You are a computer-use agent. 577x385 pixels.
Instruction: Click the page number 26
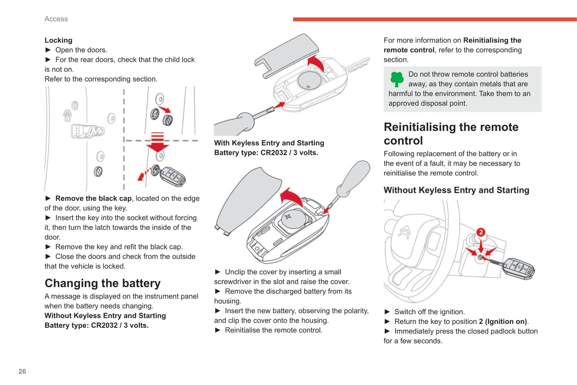click(x=22, y=371)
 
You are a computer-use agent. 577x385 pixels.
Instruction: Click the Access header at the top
click(x=56, y=19)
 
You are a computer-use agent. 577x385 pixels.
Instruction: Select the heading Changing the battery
click(x=103, y=283)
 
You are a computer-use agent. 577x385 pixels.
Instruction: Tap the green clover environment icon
click(x=397, y=79)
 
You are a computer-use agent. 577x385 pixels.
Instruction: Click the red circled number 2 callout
click(x=481, y=232)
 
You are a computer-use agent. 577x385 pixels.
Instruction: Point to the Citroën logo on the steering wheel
click(x=404, y=232)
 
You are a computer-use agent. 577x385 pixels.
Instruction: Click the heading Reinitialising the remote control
click(x=451, y=134)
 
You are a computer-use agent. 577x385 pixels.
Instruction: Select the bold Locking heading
click(x=58, y=40)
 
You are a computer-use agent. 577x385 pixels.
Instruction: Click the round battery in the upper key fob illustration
click(x=309, y=81)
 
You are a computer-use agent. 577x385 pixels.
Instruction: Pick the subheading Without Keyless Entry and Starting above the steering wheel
click(x=456, y=190)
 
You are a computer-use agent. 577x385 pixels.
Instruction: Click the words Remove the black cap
click(x=93, y=198)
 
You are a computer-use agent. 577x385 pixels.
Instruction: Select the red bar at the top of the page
click(x=434, y=19)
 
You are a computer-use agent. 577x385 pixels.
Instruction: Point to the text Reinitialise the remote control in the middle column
click(x=273, y=330)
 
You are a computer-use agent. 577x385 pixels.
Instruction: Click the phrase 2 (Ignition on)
click(x=503, y=321)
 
